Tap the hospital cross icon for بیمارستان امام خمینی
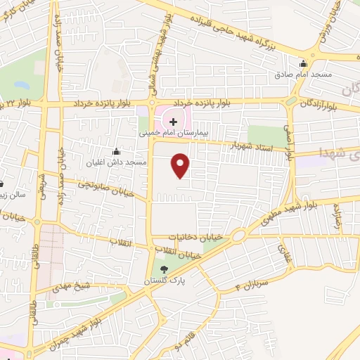[x=174, y=122]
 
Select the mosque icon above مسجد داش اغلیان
[x=117, y=151]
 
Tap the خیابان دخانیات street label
[x=205, y=238]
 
